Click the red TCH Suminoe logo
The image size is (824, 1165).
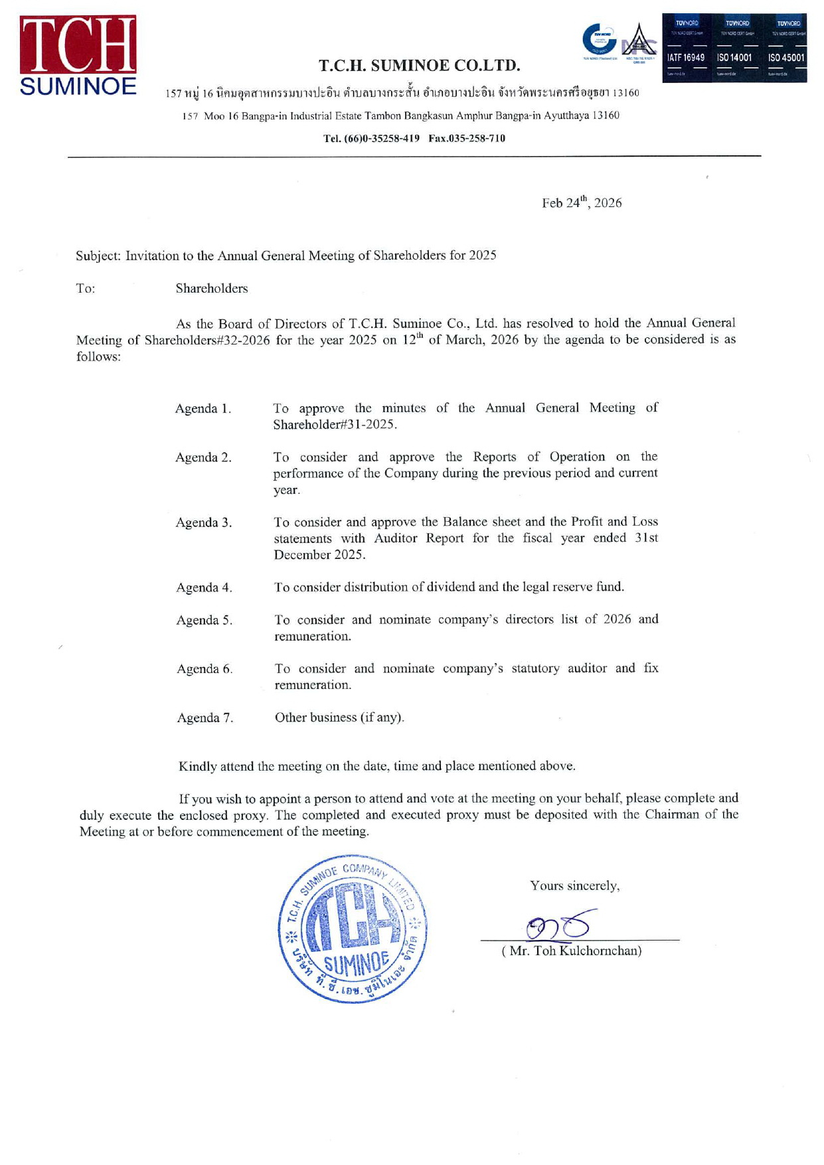coord(78,55)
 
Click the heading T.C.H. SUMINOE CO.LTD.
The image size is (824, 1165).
coord(419,65)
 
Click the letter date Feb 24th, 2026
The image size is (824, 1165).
coord(582,202)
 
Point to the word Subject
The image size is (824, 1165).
coord(98,256)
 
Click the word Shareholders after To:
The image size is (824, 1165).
coord(212,288)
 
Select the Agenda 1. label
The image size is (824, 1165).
coord(203,408)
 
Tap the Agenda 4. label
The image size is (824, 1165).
coord(204,587)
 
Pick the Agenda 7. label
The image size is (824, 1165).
coord(205,718)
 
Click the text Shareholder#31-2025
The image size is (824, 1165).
coord(335,424)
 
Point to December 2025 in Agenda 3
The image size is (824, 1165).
coord(319,554)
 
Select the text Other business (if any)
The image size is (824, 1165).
coord(339,717)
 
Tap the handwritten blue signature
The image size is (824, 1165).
coord(557,925)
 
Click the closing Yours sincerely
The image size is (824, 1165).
coord(574,886)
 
